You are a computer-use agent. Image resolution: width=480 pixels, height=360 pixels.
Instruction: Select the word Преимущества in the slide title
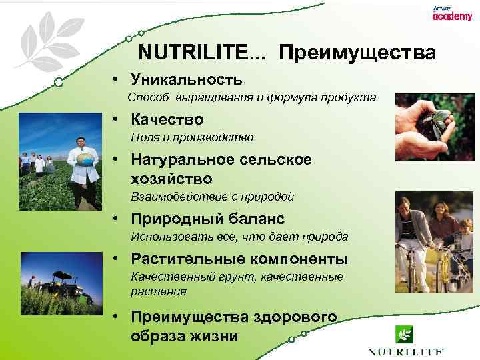tap(357, 53)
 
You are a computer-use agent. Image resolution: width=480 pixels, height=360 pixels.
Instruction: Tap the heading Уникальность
tap(187, 80)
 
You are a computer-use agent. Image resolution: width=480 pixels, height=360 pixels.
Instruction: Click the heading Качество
tap(167, 120)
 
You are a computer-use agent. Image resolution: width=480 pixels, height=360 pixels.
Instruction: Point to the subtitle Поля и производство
tap(192, 137)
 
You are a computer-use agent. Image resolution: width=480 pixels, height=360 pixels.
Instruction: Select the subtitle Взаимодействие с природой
tap(212, 197)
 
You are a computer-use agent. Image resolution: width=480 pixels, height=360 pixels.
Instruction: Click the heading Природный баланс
tap(207, 219)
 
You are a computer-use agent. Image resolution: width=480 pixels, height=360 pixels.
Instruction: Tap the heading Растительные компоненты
tap(239, 259)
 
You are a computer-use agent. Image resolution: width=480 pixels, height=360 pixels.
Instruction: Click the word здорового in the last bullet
tap(295, 317)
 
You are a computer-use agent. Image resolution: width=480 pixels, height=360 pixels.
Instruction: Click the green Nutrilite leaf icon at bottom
tap(403, 335)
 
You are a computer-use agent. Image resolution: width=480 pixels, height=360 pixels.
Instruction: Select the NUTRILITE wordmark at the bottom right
tap(404, 351)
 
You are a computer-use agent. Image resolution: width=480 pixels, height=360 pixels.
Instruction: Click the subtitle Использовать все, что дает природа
tap(239, 237)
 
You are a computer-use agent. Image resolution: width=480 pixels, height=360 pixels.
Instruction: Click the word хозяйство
tap(172, 179)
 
